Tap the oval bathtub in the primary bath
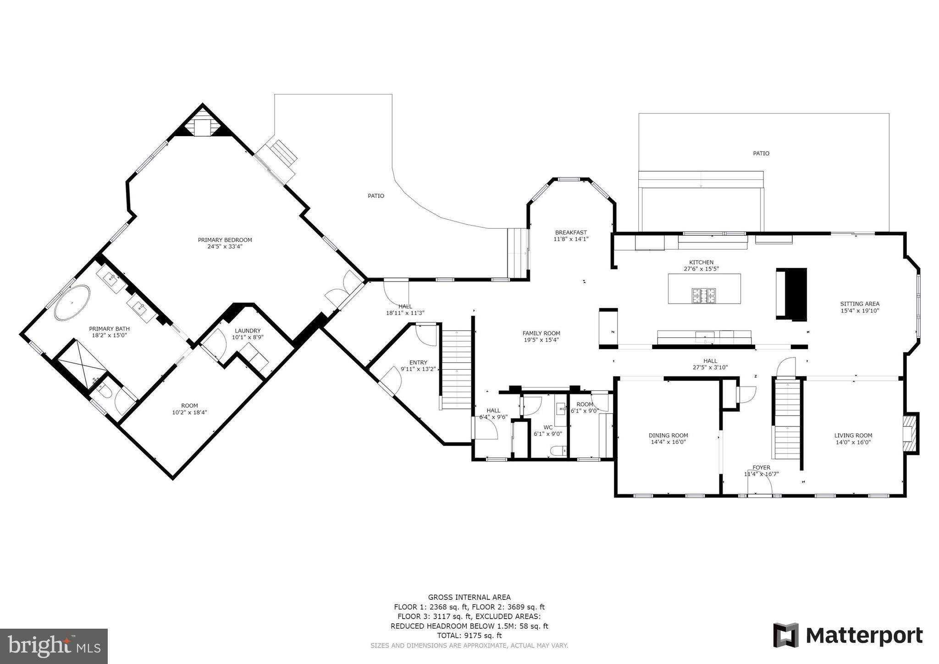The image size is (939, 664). [x=72, y=302]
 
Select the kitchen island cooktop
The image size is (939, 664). [x=704, y=295]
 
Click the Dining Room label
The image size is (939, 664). [x=668, y=435]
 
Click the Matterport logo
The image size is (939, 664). [x=848, y=636]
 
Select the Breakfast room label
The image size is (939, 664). [x=571, y=232]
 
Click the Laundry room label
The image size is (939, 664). [x=248, y=331]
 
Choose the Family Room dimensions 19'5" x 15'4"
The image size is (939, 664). [x=541, y=340]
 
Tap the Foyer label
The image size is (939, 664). [x=761, y=468]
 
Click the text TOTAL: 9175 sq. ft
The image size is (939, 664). [x=469, y=636]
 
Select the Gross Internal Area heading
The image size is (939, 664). [x=469, y=597]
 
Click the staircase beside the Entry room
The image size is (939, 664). [x=456, y=369]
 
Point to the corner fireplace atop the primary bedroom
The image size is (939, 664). [x=202, y=124]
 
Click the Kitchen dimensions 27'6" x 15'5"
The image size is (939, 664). [x=701, y=269]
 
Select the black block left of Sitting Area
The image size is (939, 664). [x=791, y=293]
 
